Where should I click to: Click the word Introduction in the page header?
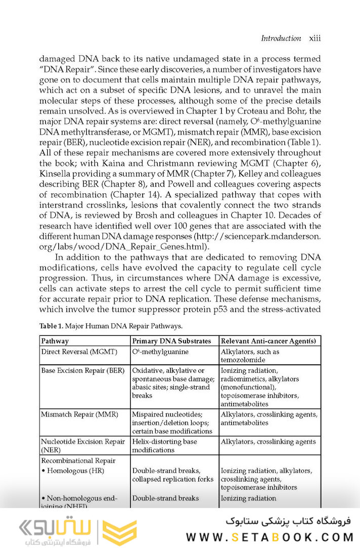(280, 38)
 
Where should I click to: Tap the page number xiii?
(315, 38)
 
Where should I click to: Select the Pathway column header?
(55, 341)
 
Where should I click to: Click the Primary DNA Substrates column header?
(171, 341)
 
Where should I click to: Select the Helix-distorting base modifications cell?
(164, 446)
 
